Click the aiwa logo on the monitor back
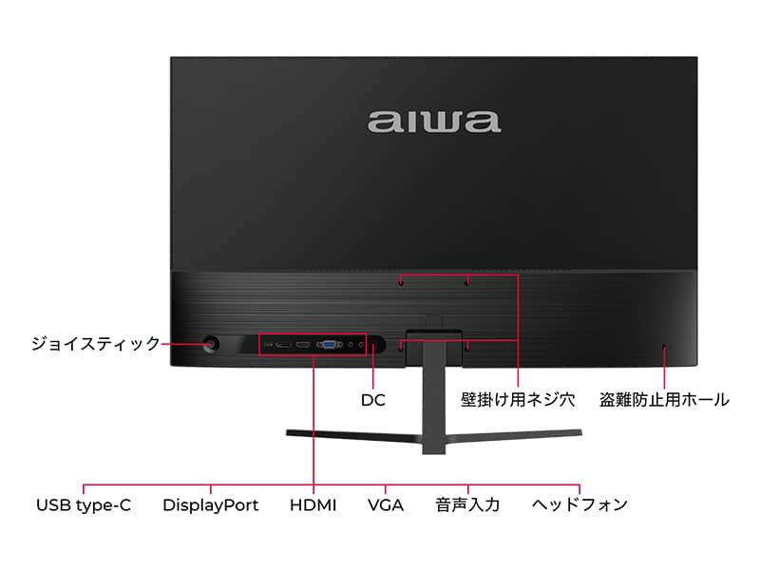(434, 122)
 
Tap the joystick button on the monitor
(211, 344)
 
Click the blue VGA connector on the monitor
(329, 345)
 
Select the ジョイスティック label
(96, 344)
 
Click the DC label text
(373, 400)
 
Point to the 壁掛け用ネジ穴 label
(518, 399)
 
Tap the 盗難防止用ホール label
(664, 399)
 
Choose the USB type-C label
(84, 505)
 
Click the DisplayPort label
(210, 505)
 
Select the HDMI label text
(313, 505)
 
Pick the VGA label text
(386, 505)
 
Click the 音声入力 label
(467, 504)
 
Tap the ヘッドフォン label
(579, 504)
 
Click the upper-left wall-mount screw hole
(401, 282)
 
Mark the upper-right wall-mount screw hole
(466, 282)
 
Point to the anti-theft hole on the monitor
(664, 347)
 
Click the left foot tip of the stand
(287, 432)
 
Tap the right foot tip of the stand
(580, 432)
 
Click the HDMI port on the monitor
(303, 345)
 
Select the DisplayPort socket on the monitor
(283, 345)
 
